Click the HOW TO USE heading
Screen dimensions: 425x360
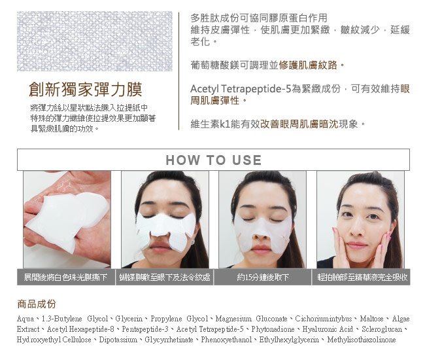[x=214, y=160]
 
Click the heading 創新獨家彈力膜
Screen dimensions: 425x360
[x=86, y=90]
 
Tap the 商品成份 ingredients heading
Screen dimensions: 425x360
[x=37, y=304]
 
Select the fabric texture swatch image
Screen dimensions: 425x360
[x=95, y=41]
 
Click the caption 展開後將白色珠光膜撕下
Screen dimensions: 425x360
[x=65, y=278]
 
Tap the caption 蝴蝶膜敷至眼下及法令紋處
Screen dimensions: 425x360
[x=165, y=278]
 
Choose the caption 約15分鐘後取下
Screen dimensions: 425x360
[x=263, y=278]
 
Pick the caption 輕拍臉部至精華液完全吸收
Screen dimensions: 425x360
[x=362, y=278]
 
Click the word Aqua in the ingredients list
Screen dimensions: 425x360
[x=25, y=319]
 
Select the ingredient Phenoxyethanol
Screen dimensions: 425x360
[x=226, y=340]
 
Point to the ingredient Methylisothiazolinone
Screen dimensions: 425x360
[x=362, y=340]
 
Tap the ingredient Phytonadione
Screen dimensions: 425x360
[x=273, y=329]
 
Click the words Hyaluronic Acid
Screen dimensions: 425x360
[x=328, y=329]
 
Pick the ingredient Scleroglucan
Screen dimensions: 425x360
[x=382, y=329]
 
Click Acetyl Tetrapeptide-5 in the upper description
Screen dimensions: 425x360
[x=241, y=89]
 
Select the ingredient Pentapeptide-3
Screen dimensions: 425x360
[x=145, y=329]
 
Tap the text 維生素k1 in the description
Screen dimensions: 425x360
[x=211, y=124]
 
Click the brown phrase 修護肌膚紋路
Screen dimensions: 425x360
[x=308, y=65]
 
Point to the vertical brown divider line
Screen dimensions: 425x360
[x=179, y=71]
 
